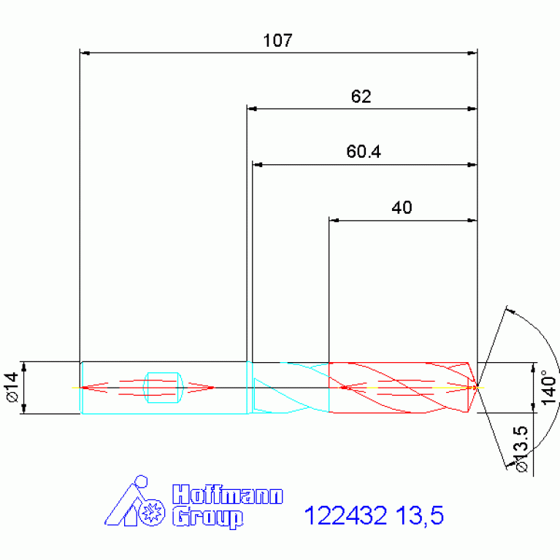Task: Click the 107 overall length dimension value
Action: pyautogui.click(x=277, y=40)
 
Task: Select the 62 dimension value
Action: pyautogui.click(x=361, y=96)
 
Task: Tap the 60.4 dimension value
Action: pyautogui.click(x=364, y=151)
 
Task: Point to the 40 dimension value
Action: pyautogui.click(x=402, y=207)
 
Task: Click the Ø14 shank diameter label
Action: pyautogui.click(x=12, y=387)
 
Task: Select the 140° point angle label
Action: pyautogui.click(x=548, y=388)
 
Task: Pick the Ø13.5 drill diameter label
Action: pyautogui.click(x=521, y=449)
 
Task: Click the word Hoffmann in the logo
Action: pyautogui.click(x=228, y=494)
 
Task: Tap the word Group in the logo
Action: pyautogui.click(x=208, y=517)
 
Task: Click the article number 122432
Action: pyautogui.click(x=345, y=515)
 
